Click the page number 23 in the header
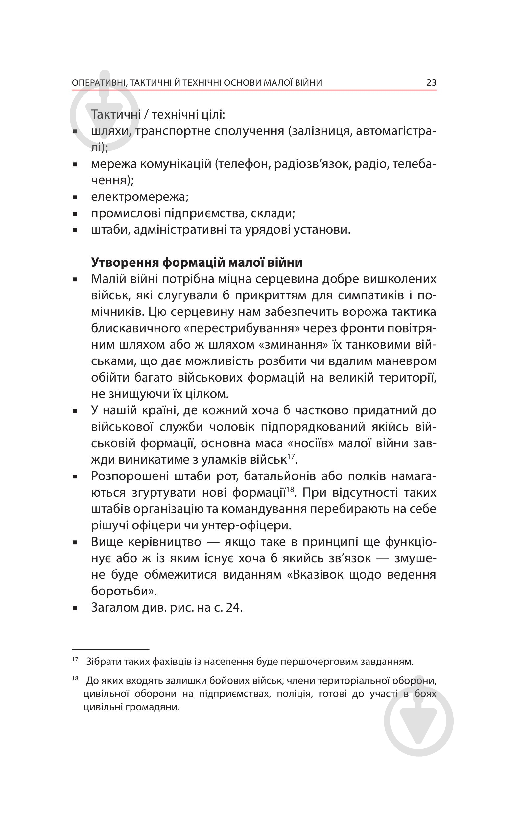tap(431, 83)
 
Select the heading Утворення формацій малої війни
tap(197, 262)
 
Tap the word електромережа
tap(139, 197)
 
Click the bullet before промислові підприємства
tap(75, 214)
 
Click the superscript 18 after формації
tap(290, 489)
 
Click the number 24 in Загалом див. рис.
tap(233, 608)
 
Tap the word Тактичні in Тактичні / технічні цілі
tap(116, 115)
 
